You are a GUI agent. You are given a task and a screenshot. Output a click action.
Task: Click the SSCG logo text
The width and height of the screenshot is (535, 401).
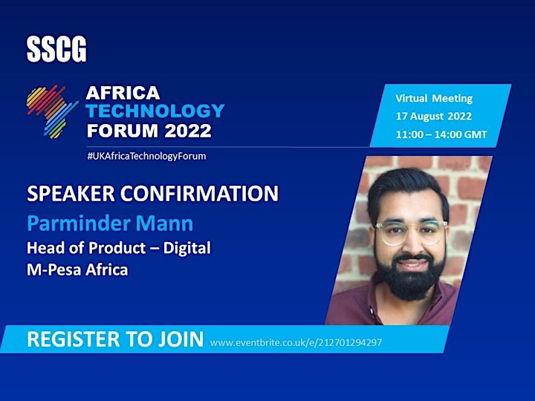(x=56, y=50)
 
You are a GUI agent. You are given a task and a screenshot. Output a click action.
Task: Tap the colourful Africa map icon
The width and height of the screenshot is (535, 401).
(x=51, y=112)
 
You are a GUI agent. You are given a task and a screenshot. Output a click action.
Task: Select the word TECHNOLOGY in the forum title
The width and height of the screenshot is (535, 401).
(x=155, y=111)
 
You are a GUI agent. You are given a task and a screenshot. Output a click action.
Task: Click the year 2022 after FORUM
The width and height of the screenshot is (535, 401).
(x=188, y=131)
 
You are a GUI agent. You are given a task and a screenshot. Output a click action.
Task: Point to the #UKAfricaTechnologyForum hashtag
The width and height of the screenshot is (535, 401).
(x=146, y=156)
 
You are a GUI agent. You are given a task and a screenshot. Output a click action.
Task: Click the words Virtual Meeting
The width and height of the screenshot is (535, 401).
(x=434, y=99)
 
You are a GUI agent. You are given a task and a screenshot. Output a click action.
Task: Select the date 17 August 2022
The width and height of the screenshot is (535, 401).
(x=434, y=117)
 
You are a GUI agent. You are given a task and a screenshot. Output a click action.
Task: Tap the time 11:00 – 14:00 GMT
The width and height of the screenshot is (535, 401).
(x=441, y=134)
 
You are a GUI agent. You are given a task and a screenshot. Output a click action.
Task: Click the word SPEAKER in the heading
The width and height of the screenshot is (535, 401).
(x=71, y=193)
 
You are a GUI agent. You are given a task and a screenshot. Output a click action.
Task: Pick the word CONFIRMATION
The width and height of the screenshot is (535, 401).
(x=199, y=193)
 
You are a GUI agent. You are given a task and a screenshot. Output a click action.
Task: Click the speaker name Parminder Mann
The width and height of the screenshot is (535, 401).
(x=110, y=224)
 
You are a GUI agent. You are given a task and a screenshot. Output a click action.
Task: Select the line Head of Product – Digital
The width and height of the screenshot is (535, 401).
(x=119, y=248)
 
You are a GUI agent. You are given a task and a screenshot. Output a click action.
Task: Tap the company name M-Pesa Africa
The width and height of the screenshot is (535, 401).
(x=77, y=270)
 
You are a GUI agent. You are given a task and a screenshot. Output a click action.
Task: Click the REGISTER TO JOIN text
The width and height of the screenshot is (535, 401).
(x=115, y=339)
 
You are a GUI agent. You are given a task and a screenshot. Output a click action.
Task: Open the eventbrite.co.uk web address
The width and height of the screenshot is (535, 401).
(x=296, y=342)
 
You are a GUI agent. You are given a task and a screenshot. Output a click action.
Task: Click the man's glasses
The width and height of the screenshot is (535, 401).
(x=411, y=232)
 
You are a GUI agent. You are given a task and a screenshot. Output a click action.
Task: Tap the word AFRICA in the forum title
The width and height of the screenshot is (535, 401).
(x=123, y=93)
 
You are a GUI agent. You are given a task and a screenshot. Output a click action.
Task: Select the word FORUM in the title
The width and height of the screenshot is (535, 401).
(x=123, y=131)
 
